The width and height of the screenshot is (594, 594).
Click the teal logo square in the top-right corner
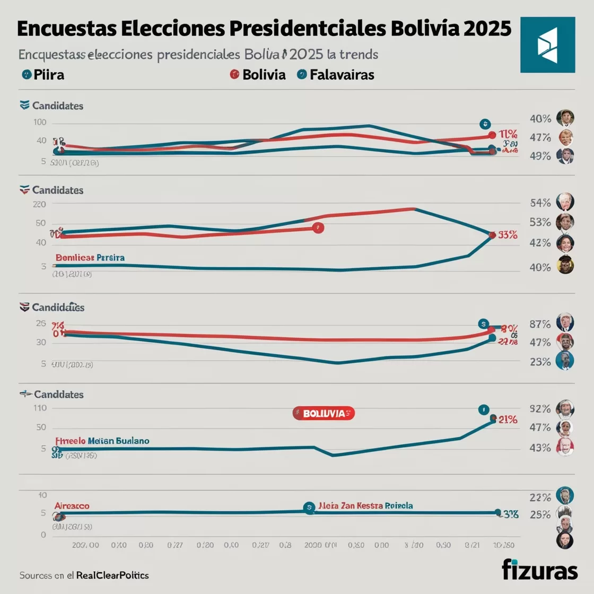coord(547,45)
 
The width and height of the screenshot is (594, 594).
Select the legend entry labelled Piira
coord(43,75)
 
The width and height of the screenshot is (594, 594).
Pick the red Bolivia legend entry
coord(258,75)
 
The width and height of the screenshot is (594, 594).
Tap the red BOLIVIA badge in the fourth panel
coord(324,413)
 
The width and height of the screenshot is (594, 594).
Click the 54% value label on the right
coord(540,203)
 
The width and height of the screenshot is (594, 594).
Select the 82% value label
coord(540,409)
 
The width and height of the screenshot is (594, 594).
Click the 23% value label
coord(540,362)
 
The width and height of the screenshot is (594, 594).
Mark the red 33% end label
coord(507,235)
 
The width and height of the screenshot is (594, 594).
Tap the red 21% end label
coord(508,420)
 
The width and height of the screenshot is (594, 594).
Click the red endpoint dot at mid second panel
coord(318,228)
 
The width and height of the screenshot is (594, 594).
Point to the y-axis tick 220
coord(40,204)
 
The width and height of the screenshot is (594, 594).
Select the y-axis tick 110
coord(40,408)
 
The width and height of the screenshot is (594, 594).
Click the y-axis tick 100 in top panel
coord(40,123)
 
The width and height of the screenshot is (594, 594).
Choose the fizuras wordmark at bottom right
coord(539,570)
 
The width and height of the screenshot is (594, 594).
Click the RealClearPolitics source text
coord(112,575)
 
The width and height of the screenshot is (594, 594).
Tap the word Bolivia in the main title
coord(424,29)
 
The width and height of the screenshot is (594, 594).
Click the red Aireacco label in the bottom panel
coord(72,506)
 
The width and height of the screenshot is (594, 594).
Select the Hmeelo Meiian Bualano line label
coord(102,441)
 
